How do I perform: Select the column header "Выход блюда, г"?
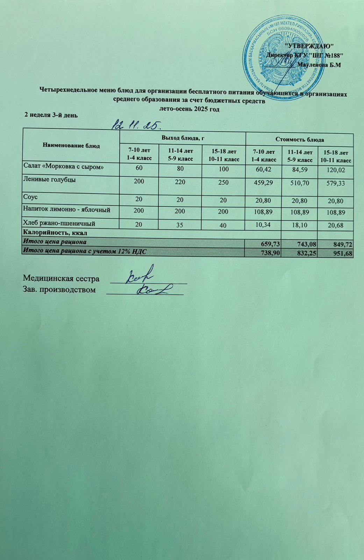coord(183,138)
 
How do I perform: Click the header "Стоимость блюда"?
coord(299,139)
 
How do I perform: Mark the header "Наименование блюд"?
coord(71,146)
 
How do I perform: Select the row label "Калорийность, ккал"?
coord(55,232)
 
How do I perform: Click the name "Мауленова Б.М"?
coord(319,65)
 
